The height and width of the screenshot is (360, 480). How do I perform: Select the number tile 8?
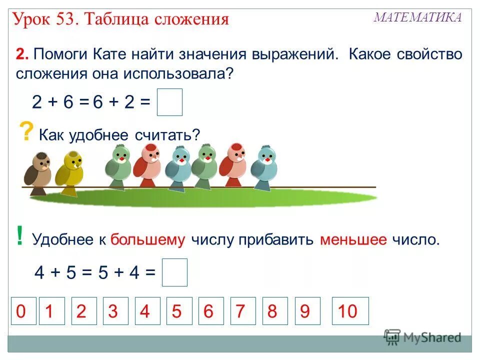click(x=272, y=311)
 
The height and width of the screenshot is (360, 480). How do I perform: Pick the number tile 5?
click(x=176, y=311)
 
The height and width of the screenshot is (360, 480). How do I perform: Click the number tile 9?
click(x=304, y=311)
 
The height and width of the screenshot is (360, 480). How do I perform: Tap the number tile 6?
click(x=208, y=311)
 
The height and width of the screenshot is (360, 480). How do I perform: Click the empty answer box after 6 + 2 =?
click(x=169, y=102)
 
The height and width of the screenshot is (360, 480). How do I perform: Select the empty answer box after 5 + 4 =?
click(x=174, y=272)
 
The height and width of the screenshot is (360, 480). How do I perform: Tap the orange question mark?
click(x=24, y=133)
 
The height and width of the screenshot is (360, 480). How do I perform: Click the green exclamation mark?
click(x=19, y=236)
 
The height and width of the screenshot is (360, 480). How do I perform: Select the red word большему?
click(x=148, y=240)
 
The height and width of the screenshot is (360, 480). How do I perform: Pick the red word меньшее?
click(x=353, y=240)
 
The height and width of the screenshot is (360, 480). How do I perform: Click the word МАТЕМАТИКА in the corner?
click(x=418, y=17)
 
